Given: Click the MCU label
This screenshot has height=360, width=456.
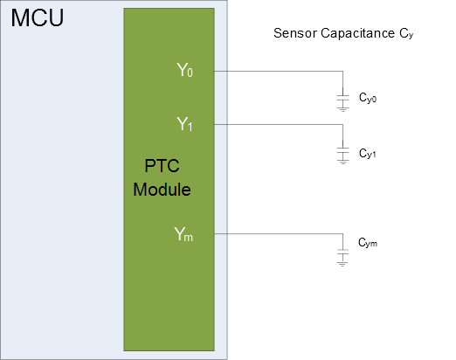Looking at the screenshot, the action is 38,18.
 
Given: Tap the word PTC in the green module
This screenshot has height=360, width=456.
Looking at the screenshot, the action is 162,166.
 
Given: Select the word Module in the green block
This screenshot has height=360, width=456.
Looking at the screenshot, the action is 162,190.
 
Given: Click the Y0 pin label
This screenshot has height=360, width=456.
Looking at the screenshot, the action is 184,70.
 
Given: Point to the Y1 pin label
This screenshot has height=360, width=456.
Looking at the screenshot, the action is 184,124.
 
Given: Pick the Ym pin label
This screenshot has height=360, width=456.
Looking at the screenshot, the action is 183,234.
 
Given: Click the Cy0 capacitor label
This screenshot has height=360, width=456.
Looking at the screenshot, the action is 368,98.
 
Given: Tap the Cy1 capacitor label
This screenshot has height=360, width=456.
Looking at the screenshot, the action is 368,154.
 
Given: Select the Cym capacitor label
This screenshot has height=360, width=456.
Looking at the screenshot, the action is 368,243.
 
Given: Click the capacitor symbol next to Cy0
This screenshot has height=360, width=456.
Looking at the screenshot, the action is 342,98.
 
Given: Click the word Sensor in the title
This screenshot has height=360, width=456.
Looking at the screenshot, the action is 295,33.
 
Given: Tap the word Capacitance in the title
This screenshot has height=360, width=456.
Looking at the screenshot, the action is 358,34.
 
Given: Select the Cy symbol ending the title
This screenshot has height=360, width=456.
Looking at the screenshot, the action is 406,34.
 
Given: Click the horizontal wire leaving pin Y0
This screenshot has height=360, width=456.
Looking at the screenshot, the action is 279,71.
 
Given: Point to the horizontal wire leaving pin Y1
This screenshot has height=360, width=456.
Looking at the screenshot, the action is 279,125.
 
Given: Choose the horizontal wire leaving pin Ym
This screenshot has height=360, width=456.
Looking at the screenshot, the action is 279,233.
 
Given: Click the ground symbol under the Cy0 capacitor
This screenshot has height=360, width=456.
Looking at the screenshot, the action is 342,109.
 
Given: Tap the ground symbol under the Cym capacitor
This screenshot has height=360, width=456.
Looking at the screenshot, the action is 342,264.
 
